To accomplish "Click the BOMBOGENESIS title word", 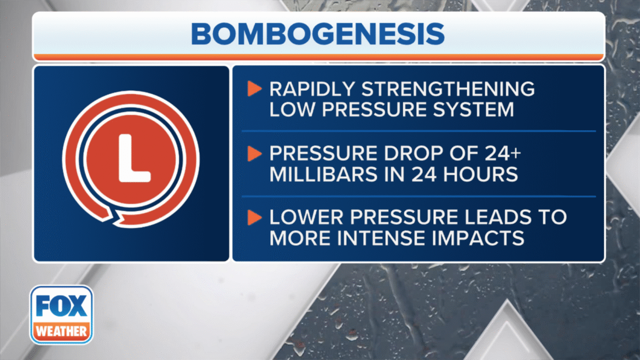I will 318,34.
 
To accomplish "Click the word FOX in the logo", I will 61,307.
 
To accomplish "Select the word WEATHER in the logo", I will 61,331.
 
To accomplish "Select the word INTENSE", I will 393,239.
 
